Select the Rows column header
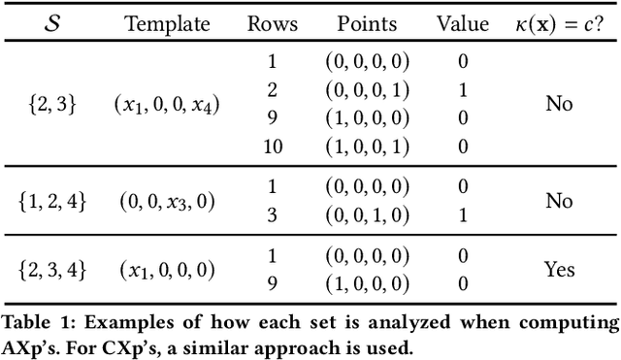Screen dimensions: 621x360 (273, 22)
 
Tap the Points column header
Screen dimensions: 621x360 (366, 22)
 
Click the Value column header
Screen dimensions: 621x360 (463, 22)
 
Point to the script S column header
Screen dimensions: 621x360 (52, 22)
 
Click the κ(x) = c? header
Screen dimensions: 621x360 (559, 22)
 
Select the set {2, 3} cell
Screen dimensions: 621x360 (52, 104)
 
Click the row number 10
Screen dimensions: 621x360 (273, 146)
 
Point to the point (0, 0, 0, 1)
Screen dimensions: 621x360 (366, 89)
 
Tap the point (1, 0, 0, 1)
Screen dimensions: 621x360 (366, 146)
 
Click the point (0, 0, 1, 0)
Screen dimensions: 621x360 (366, 215)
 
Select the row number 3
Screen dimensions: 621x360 (273, 215)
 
